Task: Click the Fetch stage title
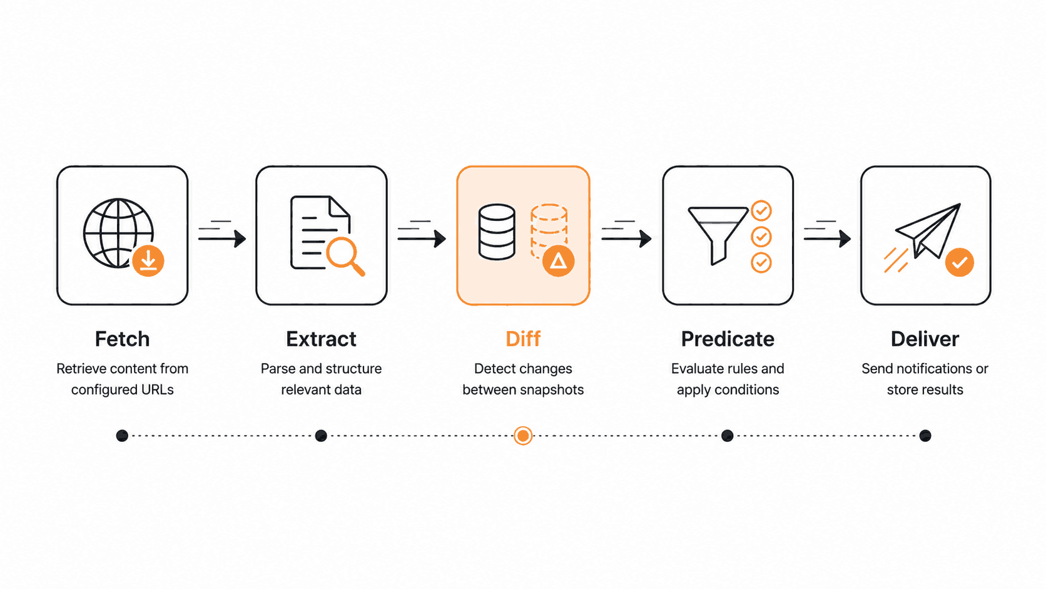click(x=123, y=339)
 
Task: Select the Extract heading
click(x=322, y=339)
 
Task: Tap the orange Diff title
click(x=523, y=339)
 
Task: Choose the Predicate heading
click(x=728, y=339)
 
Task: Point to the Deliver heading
click(x=925, y=339)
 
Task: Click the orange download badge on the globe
click(x=148, y=260)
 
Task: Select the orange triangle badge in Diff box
click(x=558, y=260)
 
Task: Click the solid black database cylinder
click(x=497, y=232)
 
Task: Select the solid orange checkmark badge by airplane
click(x=959, y=262)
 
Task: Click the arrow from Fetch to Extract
click(x=222, y=238)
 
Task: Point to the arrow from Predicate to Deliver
click(x=827, y=238)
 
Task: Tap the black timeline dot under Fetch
click(x=122, y=436)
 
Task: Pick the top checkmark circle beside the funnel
click(x=761, y=211)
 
